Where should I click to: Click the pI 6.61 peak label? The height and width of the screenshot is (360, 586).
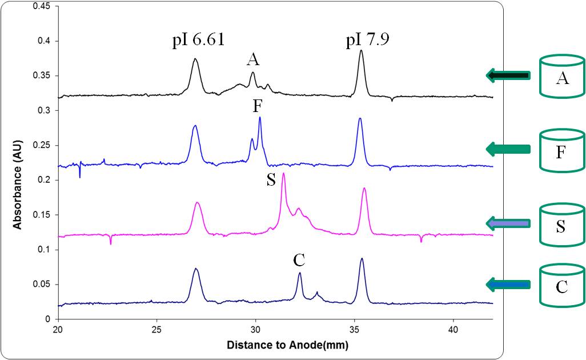[198, 41]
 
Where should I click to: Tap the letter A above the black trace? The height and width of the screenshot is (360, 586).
[252, 59]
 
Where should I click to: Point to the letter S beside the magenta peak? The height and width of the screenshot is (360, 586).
[271, 181]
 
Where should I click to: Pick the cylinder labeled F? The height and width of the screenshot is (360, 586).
[562, 150]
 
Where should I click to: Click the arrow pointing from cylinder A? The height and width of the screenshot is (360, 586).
[508, 75]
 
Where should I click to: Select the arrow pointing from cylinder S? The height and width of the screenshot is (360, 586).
[508, 223]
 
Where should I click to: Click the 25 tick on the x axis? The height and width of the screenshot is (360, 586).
[156, 330]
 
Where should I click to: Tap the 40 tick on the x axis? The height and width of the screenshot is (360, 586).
[453, 330]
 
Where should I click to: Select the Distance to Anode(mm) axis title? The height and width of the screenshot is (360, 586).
[287, 345]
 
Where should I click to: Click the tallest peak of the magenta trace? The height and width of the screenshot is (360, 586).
[283, 174]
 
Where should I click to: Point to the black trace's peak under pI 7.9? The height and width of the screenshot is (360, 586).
[361, 51]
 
